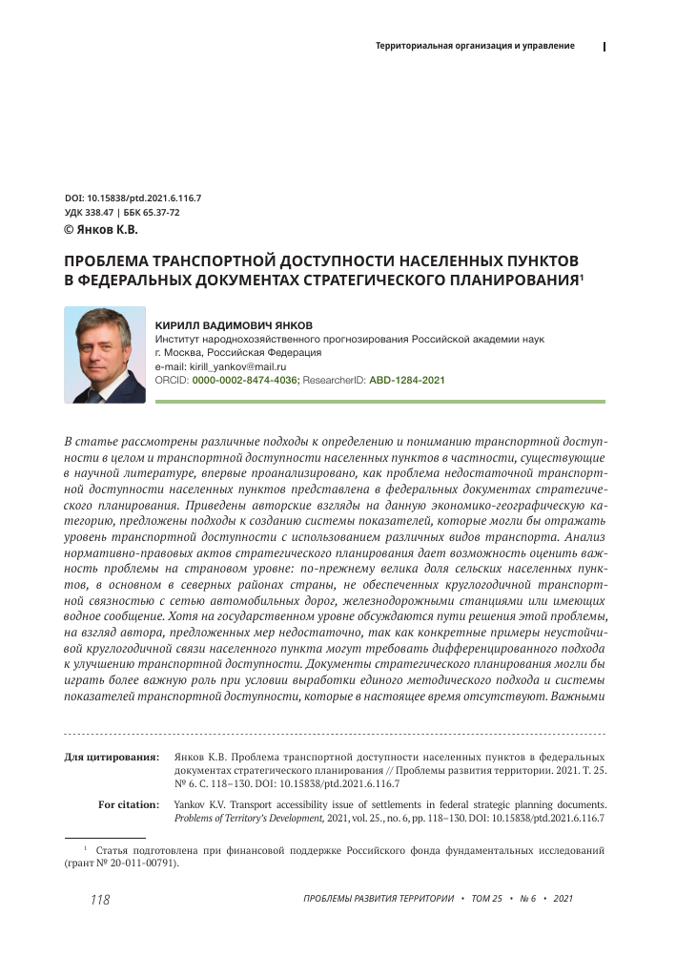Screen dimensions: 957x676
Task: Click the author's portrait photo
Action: coord(104,354)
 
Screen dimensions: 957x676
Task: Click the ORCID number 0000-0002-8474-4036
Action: coord(245,380)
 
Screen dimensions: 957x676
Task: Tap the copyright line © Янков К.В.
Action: coord(100,230)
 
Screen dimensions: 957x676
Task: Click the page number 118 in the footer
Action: coord(100,900)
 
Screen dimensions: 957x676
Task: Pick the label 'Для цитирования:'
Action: coord(112,757)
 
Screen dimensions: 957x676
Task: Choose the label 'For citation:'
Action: coord(129,804)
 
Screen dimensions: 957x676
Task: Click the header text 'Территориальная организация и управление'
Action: coord(475,46)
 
